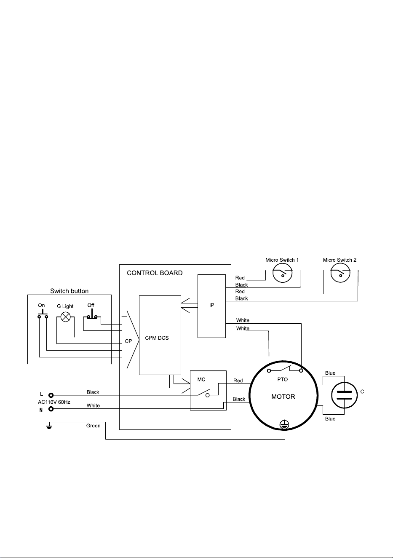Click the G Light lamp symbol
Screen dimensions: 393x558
[66, 317]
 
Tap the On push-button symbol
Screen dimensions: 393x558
[43, 314]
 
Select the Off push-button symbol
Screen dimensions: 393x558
[92, 314]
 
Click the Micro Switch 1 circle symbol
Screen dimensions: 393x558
[282, 273]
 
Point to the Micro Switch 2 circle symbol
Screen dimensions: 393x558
[340, 273]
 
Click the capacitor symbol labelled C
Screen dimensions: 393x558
[344, 395]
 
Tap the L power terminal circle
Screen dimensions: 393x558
[51, 395]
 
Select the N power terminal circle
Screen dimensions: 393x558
[51, 409]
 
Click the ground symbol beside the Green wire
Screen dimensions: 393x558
[49, 427]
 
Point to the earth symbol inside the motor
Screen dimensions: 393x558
[284, 424]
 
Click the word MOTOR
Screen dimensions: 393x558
[283, 397]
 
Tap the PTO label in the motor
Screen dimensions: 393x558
[282, 379]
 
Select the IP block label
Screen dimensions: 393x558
[212, 305]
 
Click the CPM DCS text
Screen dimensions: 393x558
[157, 338]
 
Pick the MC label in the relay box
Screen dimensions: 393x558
[201, 379]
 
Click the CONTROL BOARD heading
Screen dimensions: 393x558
[155, 273]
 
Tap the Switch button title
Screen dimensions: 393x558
[69, 291]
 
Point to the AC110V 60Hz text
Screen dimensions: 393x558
[54, 402]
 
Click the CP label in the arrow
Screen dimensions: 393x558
[128, 341]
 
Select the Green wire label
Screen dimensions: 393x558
[94, 426]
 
